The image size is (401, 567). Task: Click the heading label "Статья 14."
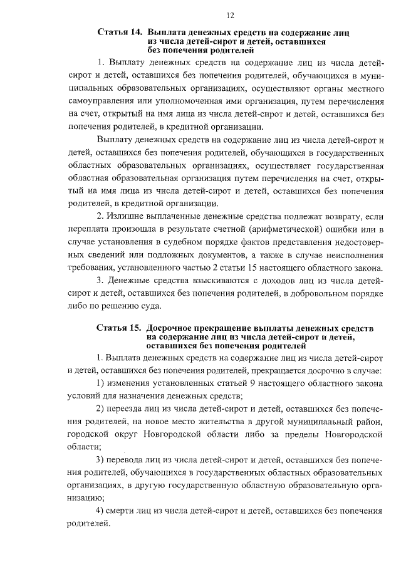click(x=118, y=31)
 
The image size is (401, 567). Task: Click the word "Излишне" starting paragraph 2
click(x=132, y=216)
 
